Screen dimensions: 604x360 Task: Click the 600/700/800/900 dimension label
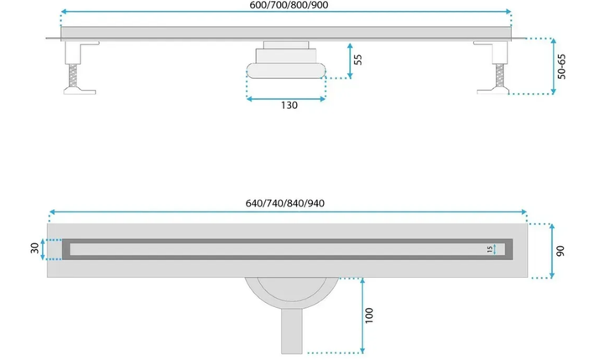[289, 5]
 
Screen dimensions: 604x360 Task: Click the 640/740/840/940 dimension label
[285, 203]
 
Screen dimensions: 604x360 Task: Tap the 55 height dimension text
[358, 60]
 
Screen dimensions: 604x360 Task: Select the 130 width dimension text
[289, 105]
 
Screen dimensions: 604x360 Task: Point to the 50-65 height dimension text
[561, 66]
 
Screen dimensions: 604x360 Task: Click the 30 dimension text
[34, 248]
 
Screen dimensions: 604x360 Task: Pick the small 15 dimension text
[490, 249]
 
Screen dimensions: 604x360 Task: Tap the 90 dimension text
[560, 251]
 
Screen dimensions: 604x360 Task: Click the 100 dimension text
[368, 316]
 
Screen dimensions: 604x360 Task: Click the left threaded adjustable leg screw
[72, 76]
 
